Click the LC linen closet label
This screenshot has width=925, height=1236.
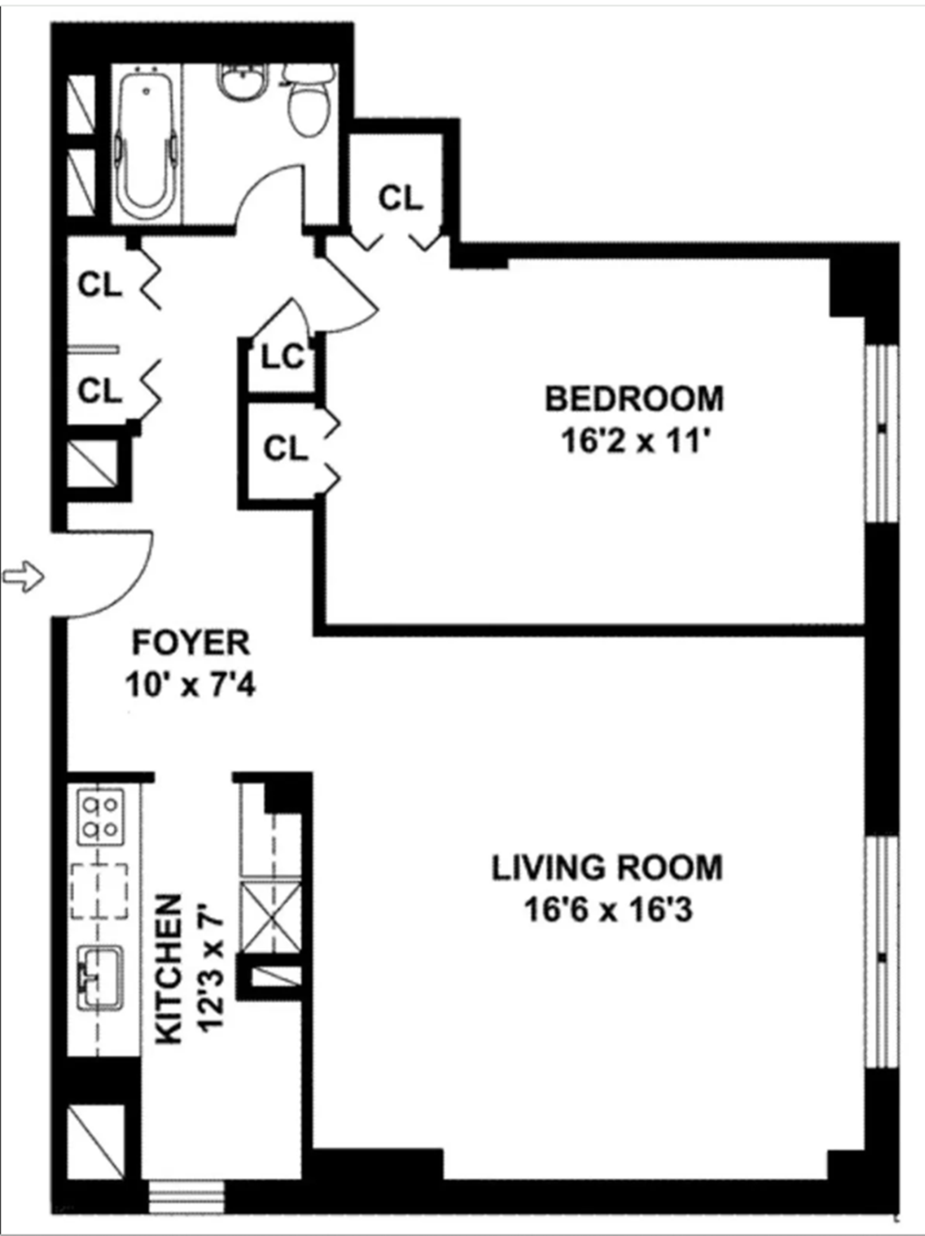point(283,358)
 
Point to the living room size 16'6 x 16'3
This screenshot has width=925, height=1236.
point(608,911)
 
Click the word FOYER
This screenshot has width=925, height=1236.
point(190,643)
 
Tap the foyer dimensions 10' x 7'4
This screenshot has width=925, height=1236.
point(190,685)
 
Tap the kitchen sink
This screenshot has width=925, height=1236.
point(100,977)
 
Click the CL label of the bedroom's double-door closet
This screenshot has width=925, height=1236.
point(286,449)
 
